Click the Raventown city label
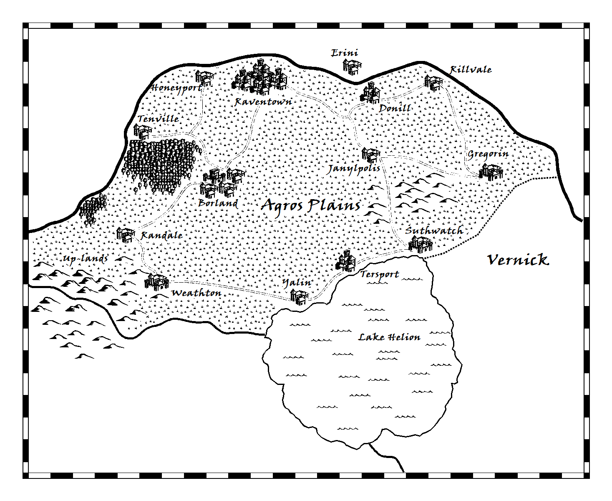tap(263, 101)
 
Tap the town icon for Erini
tap(352, 66)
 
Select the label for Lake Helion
tap(389, 337)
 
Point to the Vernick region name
tap(518, 260)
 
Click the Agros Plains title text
tap(311, 205)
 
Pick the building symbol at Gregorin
tap(491, 171)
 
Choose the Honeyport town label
tap(176, 88)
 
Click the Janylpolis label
tap(354, 169)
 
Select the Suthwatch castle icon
tap(421, 244)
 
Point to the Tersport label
tap(380, 274)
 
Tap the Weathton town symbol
tap(156, 281)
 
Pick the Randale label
tap(161, 235)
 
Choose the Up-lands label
tap(85, 259)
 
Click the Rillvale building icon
tap(433, 82)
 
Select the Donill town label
tap(395, 108)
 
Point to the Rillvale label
tap(471, 70)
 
